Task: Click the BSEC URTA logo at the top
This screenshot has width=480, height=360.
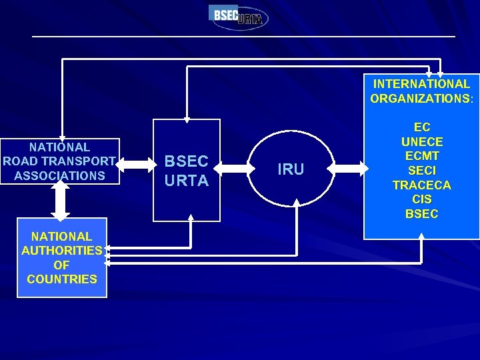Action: (x=239, y=16)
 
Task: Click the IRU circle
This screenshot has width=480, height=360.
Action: (x=290, y=169)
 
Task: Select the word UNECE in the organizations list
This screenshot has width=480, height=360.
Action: (x=421, y=141)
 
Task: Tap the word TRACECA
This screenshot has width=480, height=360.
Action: (x=421, y=185)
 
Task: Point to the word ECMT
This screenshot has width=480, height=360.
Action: (x=421, y=156)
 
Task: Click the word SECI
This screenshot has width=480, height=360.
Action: (x=421, y=171)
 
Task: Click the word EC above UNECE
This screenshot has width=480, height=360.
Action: (x=421, y=127)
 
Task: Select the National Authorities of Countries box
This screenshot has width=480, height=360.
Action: (x=62, y=258)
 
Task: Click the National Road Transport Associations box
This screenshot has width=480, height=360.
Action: (x=60, y=161)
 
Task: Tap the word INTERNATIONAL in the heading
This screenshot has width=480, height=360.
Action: (x=421, y=84)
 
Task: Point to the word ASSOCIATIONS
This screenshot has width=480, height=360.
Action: (x=59, y=176)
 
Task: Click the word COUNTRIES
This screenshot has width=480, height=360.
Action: (x=62, y=279)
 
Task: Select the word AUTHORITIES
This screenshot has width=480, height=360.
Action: (x=62, y=251)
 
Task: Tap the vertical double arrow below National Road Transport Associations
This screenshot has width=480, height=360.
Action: (x=60, y=200)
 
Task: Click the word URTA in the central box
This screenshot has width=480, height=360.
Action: (x=187, y=181)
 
